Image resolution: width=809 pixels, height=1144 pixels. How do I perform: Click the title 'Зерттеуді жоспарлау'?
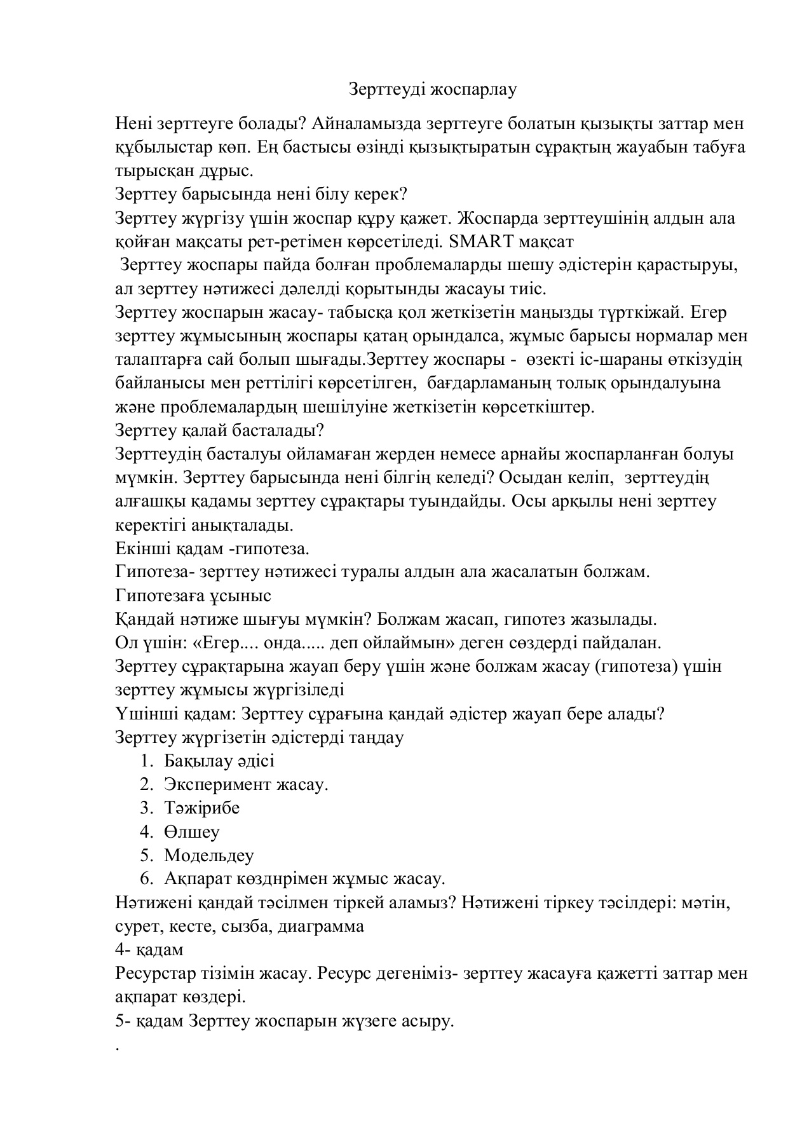(433, 90)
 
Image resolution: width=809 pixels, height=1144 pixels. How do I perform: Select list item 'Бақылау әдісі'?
(219, 761)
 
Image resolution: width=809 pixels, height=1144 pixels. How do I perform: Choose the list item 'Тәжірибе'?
(201, 808)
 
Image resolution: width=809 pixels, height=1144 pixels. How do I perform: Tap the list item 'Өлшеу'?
(191, 832)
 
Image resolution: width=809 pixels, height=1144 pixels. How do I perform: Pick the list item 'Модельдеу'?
(208, 855)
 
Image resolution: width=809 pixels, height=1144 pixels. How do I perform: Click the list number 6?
(146, 879)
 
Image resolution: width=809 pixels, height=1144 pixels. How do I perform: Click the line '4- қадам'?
(149, 950)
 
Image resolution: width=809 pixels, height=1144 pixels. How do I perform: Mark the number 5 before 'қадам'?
(120, 1022)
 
